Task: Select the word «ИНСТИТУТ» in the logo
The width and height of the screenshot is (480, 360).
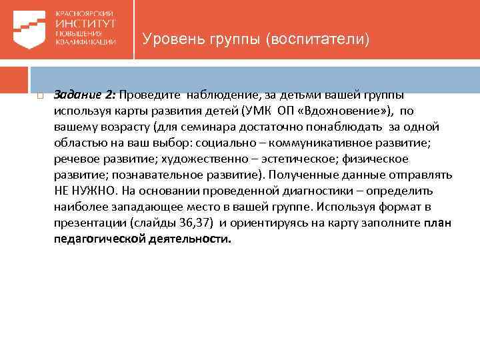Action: click(86, 23)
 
